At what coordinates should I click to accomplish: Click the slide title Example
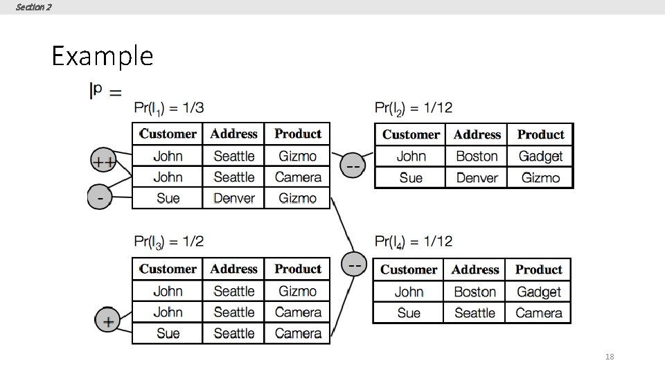click(x=102, y=55)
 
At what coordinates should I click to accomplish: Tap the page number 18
click(x=610, y=357)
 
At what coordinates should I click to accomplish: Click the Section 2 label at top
click(x=33, y=7)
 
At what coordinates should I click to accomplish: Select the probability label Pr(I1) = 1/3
click(x=169, y=108)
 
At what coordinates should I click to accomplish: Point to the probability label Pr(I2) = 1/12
click(x=414, y=108)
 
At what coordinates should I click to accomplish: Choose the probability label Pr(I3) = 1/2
click(x=169, y=242)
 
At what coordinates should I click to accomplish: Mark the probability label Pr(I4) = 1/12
click(x=414, y=242)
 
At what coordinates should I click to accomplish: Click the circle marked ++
click(x=104, y=162)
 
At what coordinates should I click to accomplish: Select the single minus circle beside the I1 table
click(x=101, y=198)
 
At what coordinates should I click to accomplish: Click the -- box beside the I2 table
click(x=353, y=166)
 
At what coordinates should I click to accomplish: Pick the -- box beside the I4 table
click(x=355, y=265)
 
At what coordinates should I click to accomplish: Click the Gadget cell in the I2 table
click(x=540, y=157)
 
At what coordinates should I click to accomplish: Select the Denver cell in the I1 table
click(x=234, y=198)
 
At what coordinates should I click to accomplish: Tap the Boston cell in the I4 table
click(x=475, y=292)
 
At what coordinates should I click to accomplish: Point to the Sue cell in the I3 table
click(x=168, y=333)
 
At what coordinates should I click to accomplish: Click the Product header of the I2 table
click(x=540, y=134)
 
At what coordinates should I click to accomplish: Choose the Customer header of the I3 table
click(x=168, y=269)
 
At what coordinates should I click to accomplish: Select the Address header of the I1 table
click(x=234, y=134)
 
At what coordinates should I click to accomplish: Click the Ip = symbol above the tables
click(x=105, y=91)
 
